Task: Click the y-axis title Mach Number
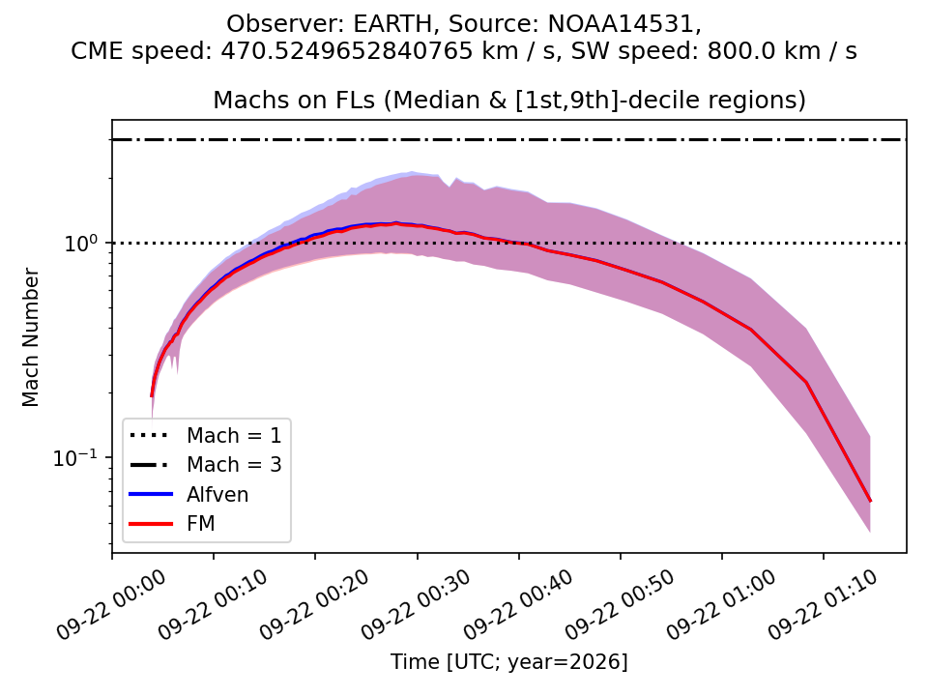[x=30, y=337]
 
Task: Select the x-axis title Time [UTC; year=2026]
[x=509, y=661]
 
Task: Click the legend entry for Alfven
[x=217, y=494]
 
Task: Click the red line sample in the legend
[x=151, y=524]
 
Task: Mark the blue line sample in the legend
[x=151, y=494]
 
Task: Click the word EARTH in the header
[x=393, y=24]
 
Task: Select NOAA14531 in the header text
[x=624, y=24]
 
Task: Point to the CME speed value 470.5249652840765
[x=347, y=51]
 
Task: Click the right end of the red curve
[x=870, y=502]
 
